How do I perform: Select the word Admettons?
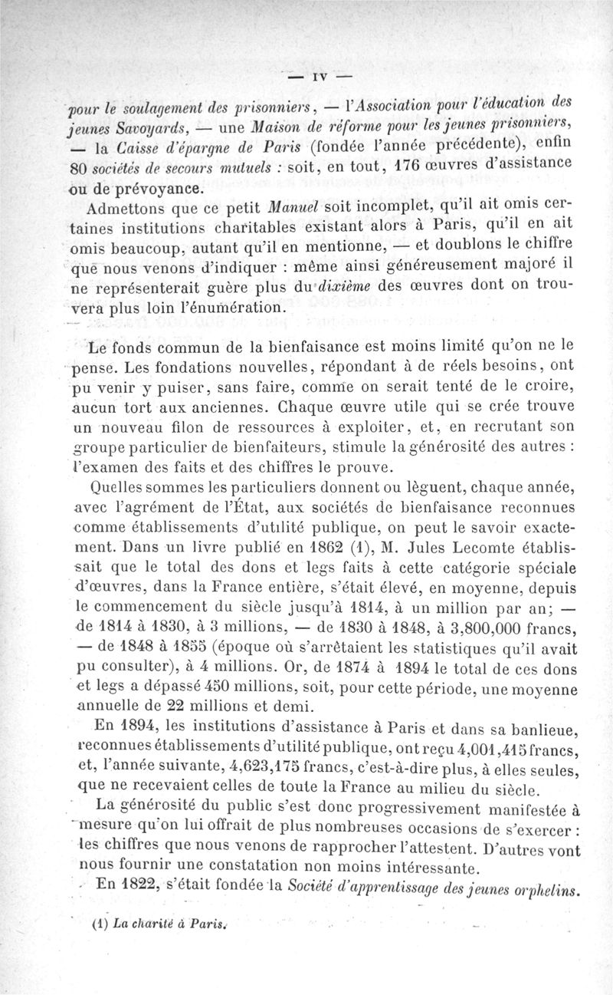coord(129,208)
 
